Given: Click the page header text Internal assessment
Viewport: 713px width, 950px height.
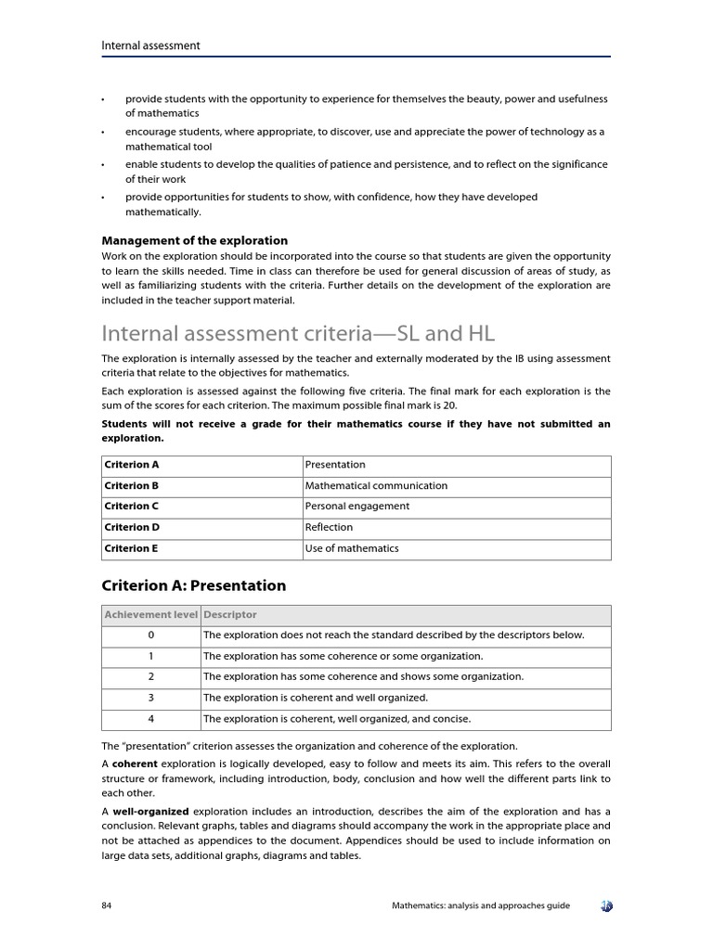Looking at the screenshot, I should (x=150, y=45).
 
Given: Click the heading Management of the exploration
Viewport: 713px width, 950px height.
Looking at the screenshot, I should (x=194, y=240).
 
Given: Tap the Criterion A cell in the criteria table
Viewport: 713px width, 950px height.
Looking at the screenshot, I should (x=132, y=465).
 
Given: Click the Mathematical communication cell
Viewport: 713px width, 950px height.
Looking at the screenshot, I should (x=376, y=485).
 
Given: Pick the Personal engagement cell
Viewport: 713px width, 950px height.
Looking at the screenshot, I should (x=356, y=507).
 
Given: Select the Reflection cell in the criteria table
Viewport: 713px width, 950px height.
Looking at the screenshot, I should (x=329, y=527).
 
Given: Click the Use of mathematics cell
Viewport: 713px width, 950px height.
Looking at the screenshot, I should (x=352, y=548).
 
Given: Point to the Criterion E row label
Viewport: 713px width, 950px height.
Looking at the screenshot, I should (x=131, y=548).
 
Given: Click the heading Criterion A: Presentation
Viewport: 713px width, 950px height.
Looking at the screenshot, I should (x=193, y=585).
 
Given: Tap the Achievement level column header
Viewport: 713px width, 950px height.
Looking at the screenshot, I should (x=150, y=614).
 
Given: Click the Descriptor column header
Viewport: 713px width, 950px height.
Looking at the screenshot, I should (x=230, y=614).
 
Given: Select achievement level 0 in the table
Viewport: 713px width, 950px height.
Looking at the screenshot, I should (x=150, y=635).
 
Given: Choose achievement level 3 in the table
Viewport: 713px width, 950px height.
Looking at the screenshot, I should (x=150, y=698).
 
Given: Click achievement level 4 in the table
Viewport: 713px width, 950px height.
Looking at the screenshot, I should (x=150, y=719).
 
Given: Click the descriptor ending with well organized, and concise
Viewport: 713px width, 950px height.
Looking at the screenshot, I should (x=336, y=719).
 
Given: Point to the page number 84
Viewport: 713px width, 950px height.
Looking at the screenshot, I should (x=107, y=905).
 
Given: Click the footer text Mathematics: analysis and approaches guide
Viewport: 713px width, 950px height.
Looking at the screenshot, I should (x=480, y=905).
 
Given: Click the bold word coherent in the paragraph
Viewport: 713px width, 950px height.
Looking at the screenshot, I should (x=135, y=764).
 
